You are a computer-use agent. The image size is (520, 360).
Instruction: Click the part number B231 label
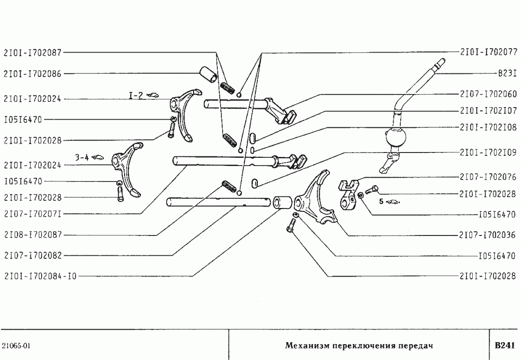click(x=507, y=74)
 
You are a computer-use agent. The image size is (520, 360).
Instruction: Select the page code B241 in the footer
click(x=505, y=346)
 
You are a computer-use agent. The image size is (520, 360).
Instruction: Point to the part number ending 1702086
click(x=32, y=74)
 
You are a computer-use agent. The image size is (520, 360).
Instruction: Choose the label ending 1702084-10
click(x=40, y=276)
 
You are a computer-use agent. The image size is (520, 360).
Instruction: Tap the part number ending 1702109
click(x=488, y=152)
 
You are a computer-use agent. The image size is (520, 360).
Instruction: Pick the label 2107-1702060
click(x=488, y=94)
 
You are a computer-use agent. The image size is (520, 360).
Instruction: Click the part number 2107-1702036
click(x=488, y=235)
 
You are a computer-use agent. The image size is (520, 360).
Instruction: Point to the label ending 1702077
click(x=488, y=52)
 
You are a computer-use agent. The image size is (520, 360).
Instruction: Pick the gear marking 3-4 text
click(x=82, y=157)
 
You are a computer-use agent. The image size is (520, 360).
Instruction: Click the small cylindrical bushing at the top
click(x=208, y=76)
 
